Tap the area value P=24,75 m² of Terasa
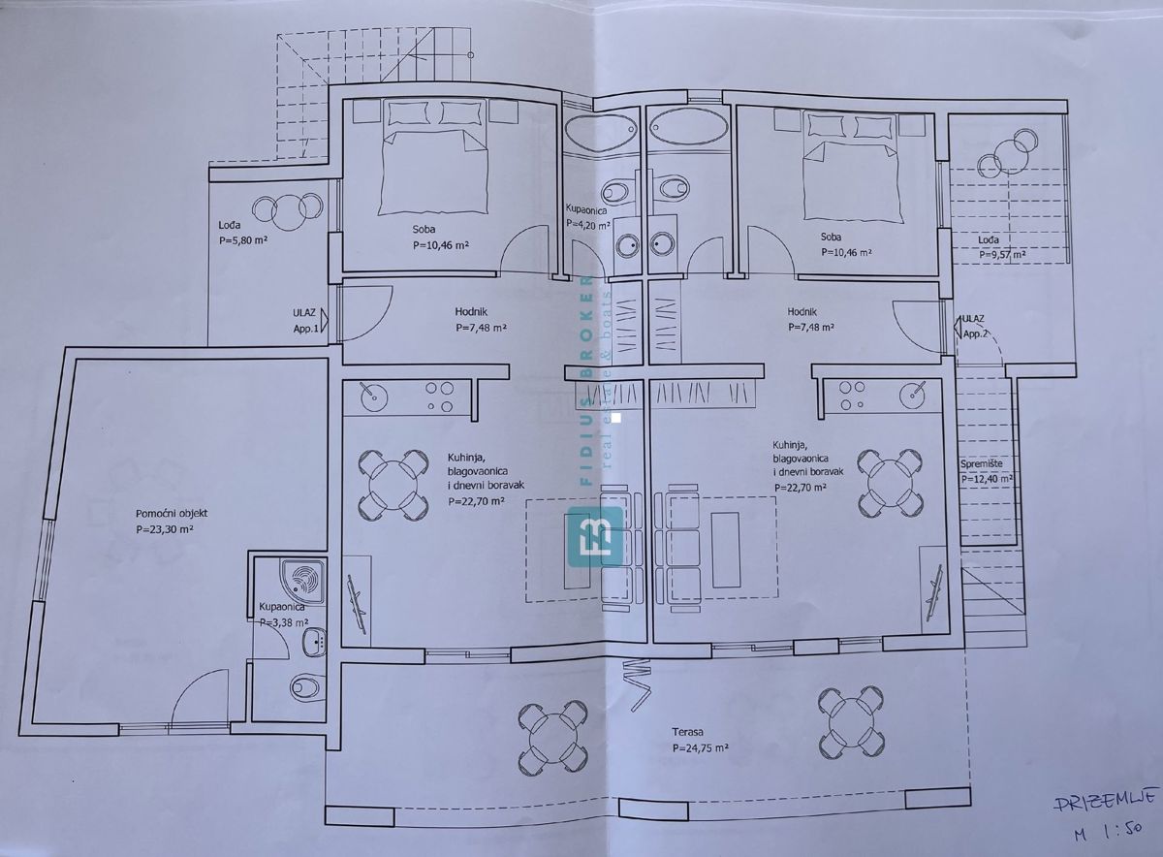[x=700, y=749]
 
